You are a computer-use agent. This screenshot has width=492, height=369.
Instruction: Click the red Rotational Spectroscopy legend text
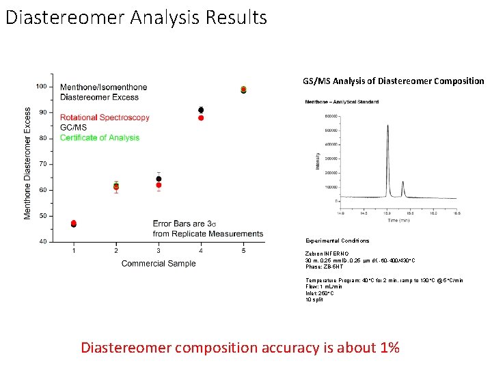pyautogui.click(x=105, y=118)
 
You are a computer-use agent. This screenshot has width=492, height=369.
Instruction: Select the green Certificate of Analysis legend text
pyautogui.click(x=100, y=137)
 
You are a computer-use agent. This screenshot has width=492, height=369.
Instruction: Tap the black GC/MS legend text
pyautogui.click(x=74, y=128)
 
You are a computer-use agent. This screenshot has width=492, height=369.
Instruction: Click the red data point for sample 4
pyautogui.click(x=201, y=118)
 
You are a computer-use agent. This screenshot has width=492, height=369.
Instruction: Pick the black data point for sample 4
pyautogui.click(x=201, y=110)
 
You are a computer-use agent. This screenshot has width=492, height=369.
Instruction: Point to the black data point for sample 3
pyautogui.click(x=159, y=179)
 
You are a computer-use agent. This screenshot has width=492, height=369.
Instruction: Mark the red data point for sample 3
pyautogui.click(x=159, y=185)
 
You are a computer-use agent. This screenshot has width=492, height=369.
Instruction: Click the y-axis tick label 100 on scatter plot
pyautogui.click(x=41, y=86)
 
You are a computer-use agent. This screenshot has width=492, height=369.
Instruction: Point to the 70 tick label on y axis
pyautogui.click(x=42, y=164)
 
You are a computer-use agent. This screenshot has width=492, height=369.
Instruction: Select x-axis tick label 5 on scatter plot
pyautogui.click(x=243, y=251)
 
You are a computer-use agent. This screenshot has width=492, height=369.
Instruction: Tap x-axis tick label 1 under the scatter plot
pyautogui.click(x=74, y=251)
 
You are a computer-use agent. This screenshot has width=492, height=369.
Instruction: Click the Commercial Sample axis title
pyautogui.click(x=158, y=263)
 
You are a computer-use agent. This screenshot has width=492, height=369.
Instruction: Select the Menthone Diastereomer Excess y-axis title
pyautogui.click(x=27, y=163)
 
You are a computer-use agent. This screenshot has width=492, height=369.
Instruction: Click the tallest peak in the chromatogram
pyautogui.click(x=387, y=127)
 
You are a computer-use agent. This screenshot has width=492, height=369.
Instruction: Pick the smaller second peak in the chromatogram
pyautogui.click(x=402, y=183)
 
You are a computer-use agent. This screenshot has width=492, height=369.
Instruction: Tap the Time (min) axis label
pyautogui.click(x=402, y=220)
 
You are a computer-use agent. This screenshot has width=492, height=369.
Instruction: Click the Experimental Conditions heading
pyautogui.click(x=337, y=241)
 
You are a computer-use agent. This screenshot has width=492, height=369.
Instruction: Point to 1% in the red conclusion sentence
pyautogui.click(x=387, y=347)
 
